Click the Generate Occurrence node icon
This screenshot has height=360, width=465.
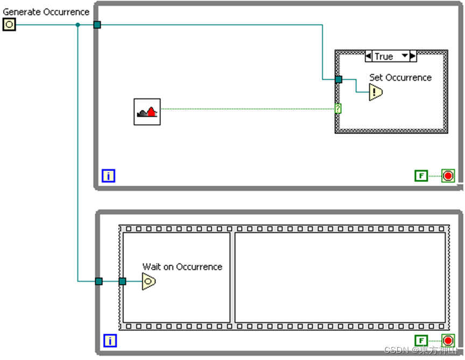9,24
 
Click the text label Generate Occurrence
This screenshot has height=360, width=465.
46,12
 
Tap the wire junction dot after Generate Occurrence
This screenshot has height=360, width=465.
77,25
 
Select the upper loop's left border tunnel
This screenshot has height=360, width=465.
97,25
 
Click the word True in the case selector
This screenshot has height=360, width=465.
384,56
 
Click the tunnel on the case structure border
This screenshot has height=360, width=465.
338,80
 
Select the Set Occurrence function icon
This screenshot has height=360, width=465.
376,93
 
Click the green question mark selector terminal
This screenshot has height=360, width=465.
338,109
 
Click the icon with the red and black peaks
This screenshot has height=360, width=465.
147,111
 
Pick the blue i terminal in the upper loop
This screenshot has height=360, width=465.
109,175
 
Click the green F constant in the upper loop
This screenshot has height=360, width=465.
421,175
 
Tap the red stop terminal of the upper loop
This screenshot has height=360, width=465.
448,175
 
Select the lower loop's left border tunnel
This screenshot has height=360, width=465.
98,281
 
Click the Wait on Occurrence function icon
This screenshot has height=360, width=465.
149,281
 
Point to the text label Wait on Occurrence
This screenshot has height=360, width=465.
182,266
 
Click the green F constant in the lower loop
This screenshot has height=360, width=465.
421,340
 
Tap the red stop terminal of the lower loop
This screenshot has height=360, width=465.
448,340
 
